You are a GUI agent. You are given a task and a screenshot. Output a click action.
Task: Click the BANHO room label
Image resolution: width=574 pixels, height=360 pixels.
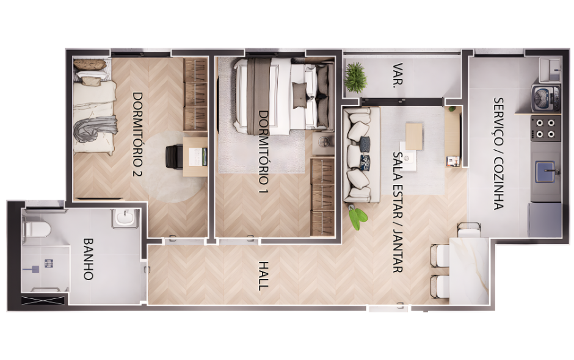88,259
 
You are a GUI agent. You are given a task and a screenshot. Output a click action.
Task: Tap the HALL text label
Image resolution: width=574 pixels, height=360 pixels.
263,275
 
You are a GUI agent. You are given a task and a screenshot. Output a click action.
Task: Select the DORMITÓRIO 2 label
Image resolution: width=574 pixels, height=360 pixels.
137,134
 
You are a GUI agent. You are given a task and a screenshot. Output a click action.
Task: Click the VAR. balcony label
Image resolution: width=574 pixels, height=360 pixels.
398,76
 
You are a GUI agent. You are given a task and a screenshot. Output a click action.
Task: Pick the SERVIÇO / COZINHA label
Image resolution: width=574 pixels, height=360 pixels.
499,153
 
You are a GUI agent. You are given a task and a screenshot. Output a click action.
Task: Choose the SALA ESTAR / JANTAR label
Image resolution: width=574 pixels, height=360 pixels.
398,212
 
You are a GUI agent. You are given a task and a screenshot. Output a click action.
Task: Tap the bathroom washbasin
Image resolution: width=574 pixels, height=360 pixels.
125,218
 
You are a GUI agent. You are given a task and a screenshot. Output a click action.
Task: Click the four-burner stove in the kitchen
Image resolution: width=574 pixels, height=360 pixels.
546,128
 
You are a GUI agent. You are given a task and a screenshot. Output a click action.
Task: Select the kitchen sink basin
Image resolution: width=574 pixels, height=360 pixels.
546,171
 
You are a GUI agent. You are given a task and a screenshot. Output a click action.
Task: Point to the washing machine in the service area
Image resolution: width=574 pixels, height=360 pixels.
546,98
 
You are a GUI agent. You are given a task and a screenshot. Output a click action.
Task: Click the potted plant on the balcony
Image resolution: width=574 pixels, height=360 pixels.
355,77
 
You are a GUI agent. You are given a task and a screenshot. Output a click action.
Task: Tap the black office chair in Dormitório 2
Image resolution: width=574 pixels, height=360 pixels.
174,157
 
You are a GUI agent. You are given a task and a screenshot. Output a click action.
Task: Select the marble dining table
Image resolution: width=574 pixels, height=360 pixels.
470,270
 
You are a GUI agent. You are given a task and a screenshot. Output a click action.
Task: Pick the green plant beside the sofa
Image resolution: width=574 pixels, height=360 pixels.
357,217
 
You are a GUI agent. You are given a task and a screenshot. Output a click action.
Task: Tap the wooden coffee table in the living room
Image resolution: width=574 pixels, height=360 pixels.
414,137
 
